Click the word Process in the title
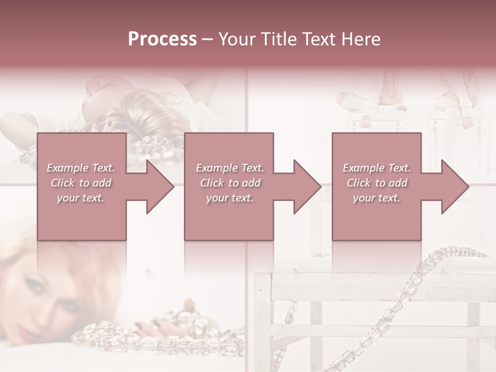click(x=162, y=40)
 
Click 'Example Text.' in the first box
click(x=81, y=168)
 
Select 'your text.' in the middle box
click(x=230, y=198)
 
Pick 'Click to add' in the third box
click(x=377, y=183)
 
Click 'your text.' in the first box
click(x=81, y=198)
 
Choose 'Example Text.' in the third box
click(x=377, y=168)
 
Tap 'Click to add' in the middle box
click(x=230, y=183)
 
